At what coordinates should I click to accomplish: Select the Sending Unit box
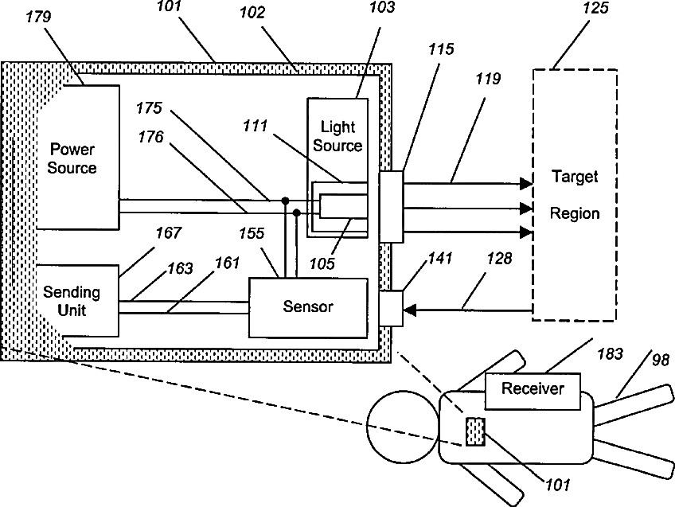pyautogui.click(x=72, y=302)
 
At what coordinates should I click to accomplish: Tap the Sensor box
pyautogui.click(x=308, y=306)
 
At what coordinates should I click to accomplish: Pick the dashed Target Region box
pyautogui.click(x=575, y=195)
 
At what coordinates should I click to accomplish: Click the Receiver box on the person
pyautogui.click(x=533, y=389)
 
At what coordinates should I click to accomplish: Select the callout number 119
pyautogui.click(x=489, y=80)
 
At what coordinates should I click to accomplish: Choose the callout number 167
pyautogui.click(x=168, y=233)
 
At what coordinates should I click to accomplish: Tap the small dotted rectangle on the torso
pyautogui.click(x=474, y=431)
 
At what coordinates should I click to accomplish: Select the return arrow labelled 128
pyautogui.click(x=470, y=309)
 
